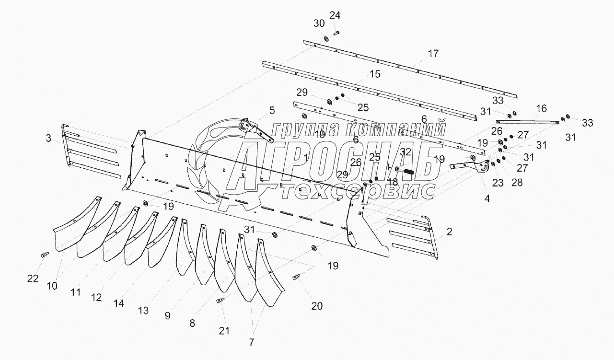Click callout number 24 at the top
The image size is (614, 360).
tap(335, 15)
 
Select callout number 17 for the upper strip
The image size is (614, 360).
tap(433, 54)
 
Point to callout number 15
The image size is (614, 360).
tap(374, 74)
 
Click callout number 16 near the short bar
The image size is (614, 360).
tap(541, 109)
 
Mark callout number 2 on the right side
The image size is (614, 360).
tap(449, 232)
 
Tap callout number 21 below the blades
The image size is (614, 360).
tap(224, 330)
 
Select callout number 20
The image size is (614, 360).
tap(316, 306)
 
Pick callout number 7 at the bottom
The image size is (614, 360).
tap(252, 342)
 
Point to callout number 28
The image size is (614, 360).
tap(517, 182)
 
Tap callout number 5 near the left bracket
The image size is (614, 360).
tap(272, 111)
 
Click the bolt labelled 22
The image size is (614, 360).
tap(44, 255)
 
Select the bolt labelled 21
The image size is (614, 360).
tap(221, 301)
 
